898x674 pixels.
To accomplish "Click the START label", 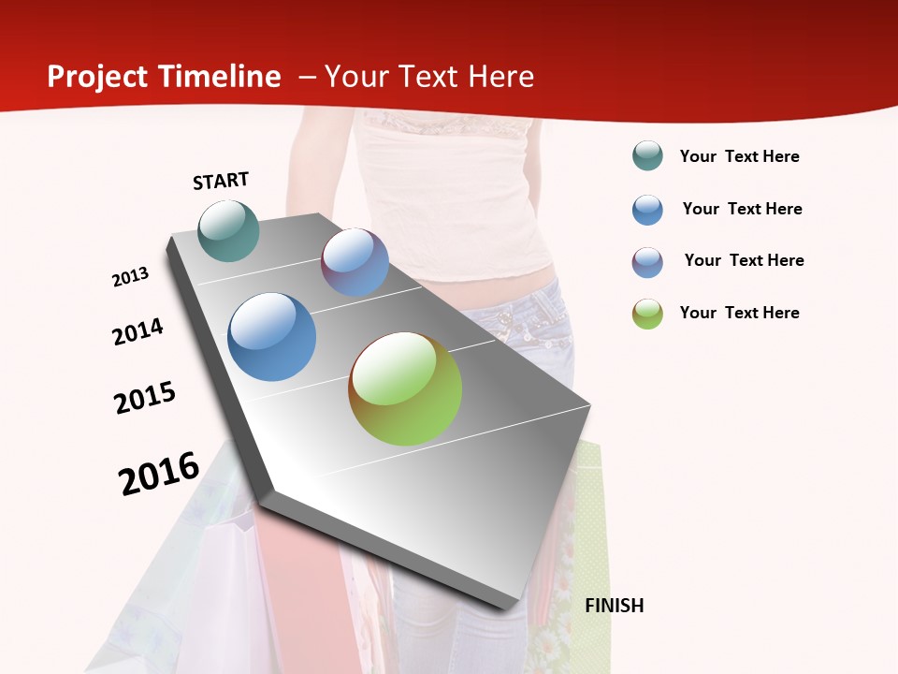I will [x=221, y=181].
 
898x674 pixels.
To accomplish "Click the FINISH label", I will [x=615, y=606].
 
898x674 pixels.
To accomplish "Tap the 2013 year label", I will [x=131, y=277].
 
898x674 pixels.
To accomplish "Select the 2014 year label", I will [x=138, y=331].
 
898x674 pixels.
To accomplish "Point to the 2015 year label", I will [x=145, y=398].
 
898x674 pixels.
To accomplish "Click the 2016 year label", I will [x=159, y=474].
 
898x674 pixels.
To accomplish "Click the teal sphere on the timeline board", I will [x=229, y=230].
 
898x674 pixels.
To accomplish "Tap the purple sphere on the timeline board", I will [x=355, y=262].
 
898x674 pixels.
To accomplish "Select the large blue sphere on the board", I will [x=272, y=337].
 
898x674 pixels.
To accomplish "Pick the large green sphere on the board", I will [x=405, y=388].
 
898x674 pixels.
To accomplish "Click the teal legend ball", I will [x=647, y=156].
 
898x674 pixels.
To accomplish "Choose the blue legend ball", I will [x=647, y=210].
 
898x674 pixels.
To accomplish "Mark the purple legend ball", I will [x=647, y=262].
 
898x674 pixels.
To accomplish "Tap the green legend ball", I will [x=647, y=314].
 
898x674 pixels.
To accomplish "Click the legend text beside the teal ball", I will [x=739, y=157].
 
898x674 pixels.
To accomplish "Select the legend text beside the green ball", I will [x=739, y=313].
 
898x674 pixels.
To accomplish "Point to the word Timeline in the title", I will [x=221, y=77].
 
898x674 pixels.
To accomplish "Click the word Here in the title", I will [x=500, y=77].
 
